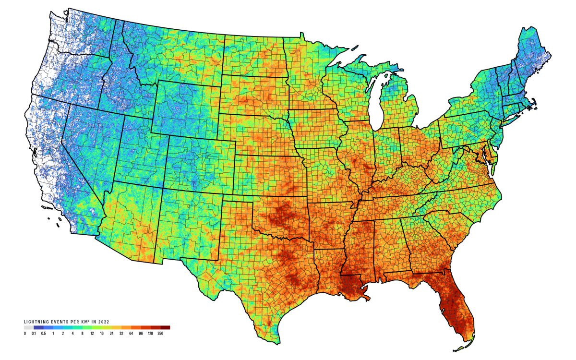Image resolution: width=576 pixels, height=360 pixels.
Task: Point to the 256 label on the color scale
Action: pyautogui.click(x=161, y=333)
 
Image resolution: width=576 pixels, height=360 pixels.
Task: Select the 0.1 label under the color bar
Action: pyautogui.click(x=34, y=333)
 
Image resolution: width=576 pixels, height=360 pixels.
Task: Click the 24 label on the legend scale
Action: pyautogui.click(x=112, y=333)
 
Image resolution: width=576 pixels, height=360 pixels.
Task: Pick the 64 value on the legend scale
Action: pyautogui.click(x=132, y=333)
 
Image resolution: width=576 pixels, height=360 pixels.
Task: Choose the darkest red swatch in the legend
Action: pyautogui.click(x=165, y=328)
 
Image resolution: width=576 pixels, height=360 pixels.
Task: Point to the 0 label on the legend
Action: pyautogui.click(x=25, y=333)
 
